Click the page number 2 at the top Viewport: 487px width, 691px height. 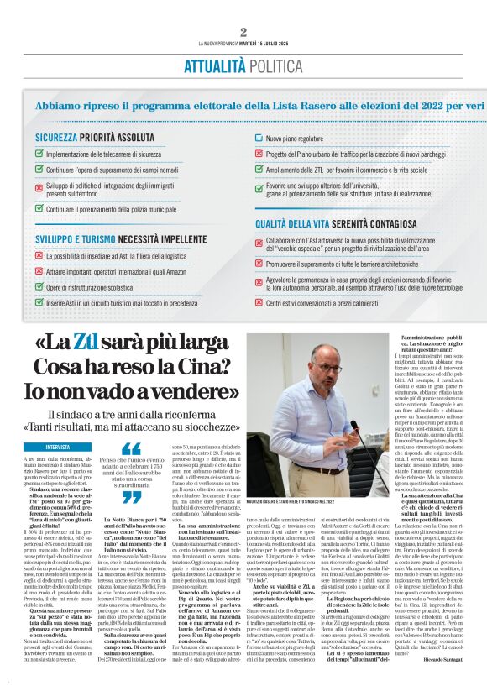243,32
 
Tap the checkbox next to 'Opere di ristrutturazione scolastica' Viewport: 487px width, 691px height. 39,287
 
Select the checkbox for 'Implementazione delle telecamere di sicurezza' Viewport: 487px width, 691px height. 39,154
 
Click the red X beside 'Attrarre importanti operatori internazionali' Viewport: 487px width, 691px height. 39,272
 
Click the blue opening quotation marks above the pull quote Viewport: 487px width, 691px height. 132,448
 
